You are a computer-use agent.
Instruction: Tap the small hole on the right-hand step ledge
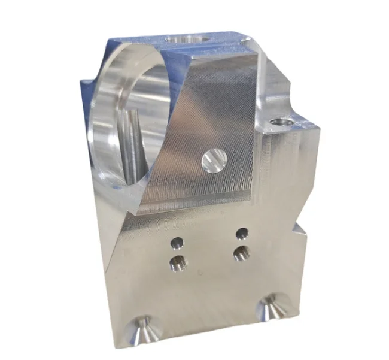[x=282, y=122]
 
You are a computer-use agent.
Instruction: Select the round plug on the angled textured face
[x=214, y=161]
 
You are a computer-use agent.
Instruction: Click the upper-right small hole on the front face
[x=242, y=232]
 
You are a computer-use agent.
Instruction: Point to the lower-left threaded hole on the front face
[x=178, y=262]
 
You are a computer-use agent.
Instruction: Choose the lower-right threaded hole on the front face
[x=241, y=253]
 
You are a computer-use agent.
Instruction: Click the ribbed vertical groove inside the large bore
[x=133, y=144]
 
